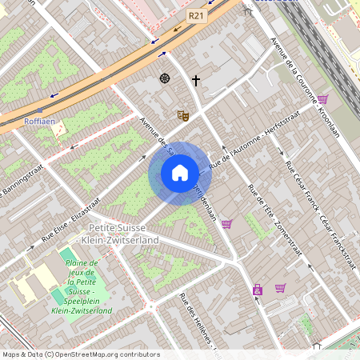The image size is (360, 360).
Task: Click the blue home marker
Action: coord(179,173)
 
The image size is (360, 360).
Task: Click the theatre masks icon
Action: coord(182,115)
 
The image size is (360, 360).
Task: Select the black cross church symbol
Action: coord(195,80)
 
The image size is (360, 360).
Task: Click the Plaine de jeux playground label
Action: coord(81,286)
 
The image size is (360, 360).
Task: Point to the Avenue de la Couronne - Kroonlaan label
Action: coord(306,87)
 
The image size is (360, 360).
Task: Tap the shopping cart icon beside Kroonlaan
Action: coord(322,99)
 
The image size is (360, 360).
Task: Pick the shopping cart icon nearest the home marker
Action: coord(226,224)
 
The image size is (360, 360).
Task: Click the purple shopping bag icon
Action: coord(258,290)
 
